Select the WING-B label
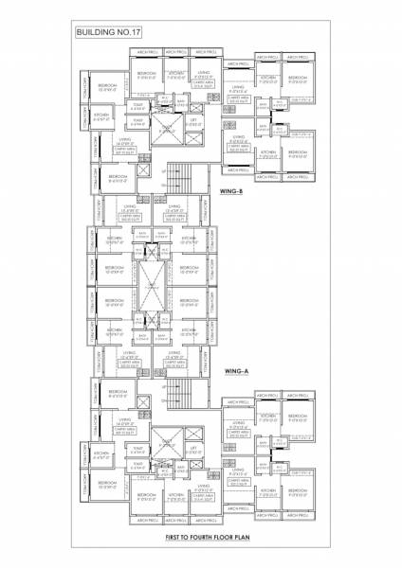tap(233, 191)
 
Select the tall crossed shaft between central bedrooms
tap(155, 284)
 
